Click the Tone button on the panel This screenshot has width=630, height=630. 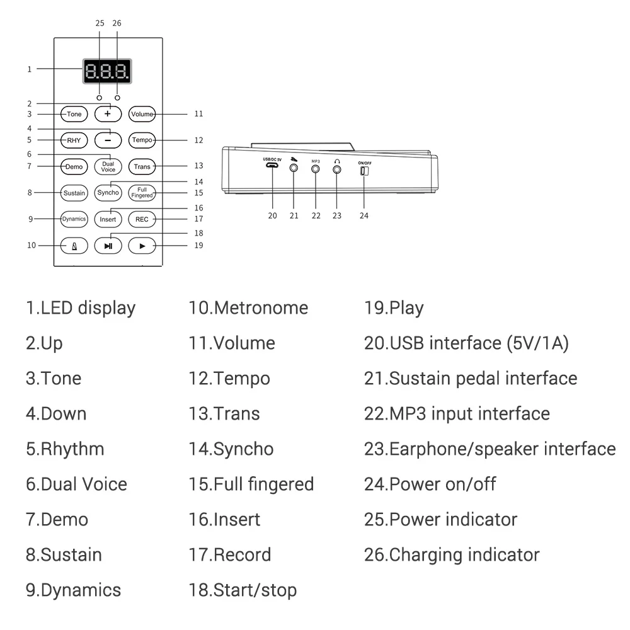[74, 114]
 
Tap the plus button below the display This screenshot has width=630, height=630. [108, 114]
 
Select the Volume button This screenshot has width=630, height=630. [142, 114]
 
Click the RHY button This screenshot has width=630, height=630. [74, 140]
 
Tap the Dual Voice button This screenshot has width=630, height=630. [108, 166]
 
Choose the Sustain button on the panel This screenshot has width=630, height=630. [74, 193]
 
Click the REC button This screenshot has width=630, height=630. [142, 219]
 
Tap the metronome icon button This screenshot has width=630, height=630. [74, 246]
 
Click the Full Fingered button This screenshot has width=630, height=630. [142, 193]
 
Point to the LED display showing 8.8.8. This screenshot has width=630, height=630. [108, 72]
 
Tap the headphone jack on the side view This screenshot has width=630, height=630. [337, 169]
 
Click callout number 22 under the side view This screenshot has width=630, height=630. [316, 215]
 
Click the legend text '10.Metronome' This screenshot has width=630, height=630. [248, 308]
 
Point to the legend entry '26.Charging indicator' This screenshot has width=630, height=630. [452, 555]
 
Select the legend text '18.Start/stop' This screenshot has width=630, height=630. [243, 590]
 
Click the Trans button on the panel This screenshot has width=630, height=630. [142, 166]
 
